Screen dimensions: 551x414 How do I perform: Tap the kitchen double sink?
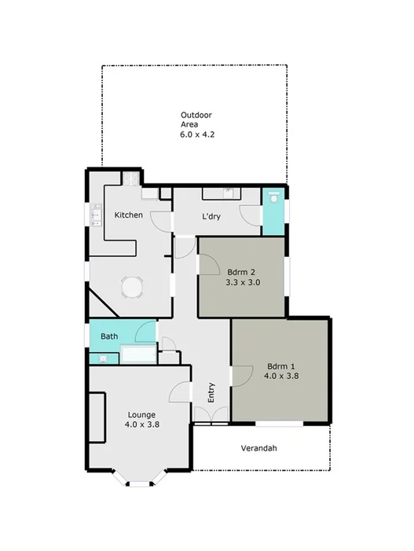(97, 214)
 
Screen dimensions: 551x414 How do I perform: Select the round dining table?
(132, 288)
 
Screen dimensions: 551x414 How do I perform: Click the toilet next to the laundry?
(273, 200)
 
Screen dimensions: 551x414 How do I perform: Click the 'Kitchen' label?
(128, 215)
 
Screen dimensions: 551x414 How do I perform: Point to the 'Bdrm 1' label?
(282, 365)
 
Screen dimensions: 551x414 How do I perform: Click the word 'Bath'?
(109, 336)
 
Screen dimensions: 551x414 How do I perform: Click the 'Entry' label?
(211, 392)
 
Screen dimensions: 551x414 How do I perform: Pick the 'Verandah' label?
(260, 449)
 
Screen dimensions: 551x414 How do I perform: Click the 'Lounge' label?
(141, 414)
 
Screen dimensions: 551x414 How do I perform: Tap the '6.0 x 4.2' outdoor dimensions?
(196, 134)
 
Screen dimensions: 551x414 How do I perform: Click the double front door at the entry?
(211, 424)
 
